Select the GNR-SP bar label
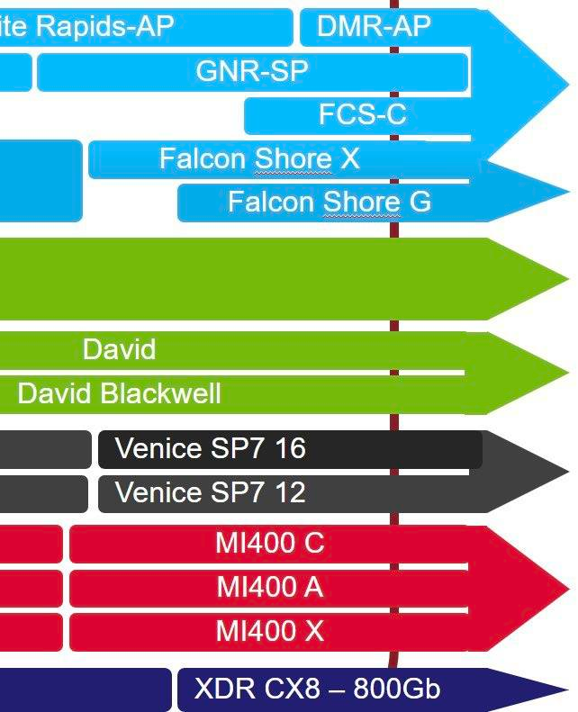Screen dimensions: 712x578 pyautogui.click(x=252, y=71)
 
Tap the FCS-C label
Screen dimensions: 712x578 pyautogui.click(x=362, y=114)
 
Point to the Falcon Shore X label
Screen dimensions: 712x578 pyautogui.click(x=259, y=158)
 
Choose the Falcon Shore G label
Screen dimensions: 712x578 pyautogui.click(x=329, y=202)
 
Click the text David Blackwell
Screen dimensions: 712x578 pyautogui.click(x=119, y=393)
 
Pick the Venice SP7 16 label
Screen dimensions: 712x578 pyautogui.click(x=210, y=448)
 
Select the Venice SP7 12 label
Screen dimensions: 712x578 pyautogui.click(x=210, y=492)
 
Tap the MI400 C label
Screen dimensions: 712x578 pyautogui.click(x=269, y=544)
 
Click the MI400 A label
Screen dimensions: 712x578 pyautogui.click(x=269, y=588)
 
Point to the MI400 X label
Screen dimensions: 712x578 pyautogui.click(x=269, y=631)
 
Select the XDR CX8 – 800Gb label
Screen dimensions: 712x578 pyautogui.click(x=317, y=689)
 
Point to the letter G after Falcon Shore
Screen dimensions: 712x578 pyautogui.click(x=420, y=202)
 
